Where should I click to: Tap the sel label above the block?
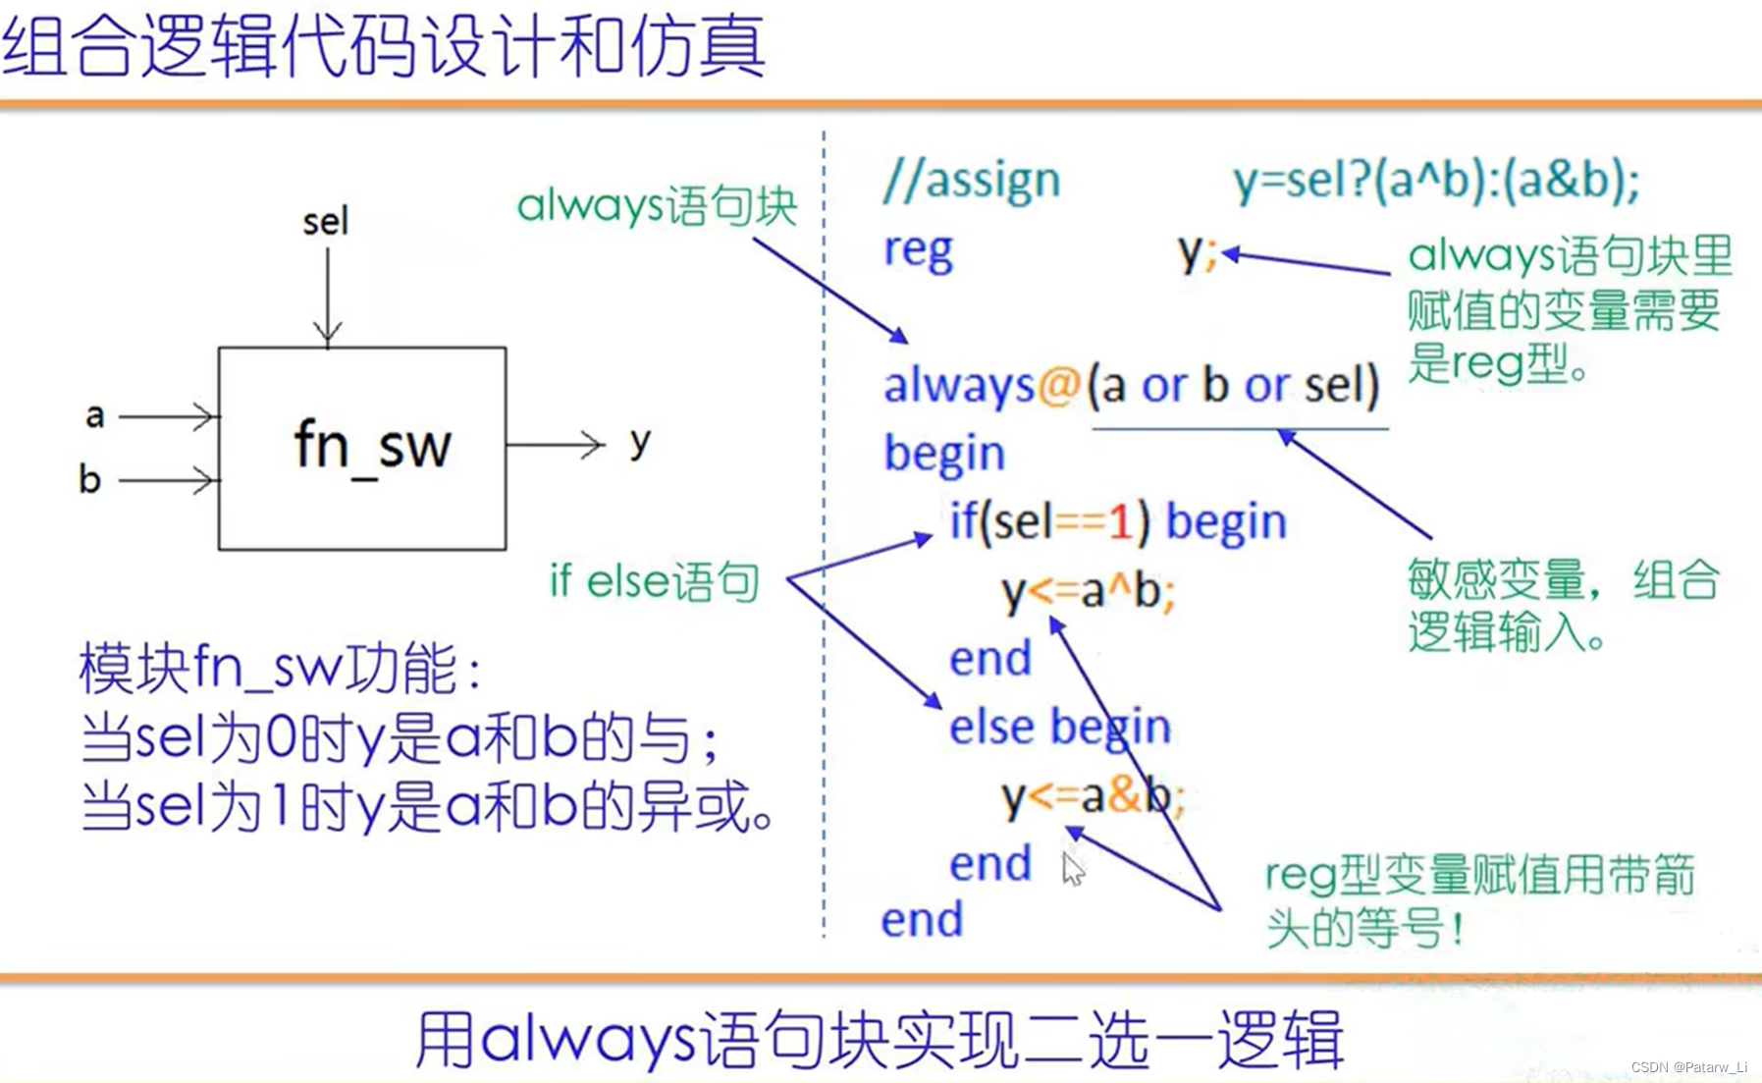point(325,221)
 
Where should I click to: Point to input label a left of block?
point(94,416)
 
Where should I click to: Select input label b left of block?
point(89,478)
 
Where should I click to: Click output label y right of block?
point(640,443)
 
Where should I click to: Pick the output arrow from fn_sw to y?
point(555,445)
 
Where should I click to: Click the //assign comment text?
point(972,181)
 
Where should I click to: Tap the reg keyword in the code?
point(918,251)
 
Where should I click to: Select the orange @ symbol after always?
point(1058,385)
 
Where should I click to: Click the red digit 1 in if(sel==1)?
point(1120,521)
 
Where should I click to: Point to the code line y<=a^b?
point(1088,592)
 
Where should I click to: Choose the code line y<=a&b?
point(1093,796)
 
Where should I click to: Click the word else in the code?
point(991,728)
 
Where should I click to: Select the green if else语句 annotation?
point(654,581)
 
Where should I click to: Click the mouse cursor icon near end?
point(1073,869)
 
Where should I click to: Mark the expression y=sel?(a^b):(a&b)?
point(1437,182)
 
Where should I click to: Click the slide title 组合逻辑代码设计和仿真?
point(384,46)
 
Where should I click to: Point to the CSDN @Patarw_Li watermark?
point(1689,1066)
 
